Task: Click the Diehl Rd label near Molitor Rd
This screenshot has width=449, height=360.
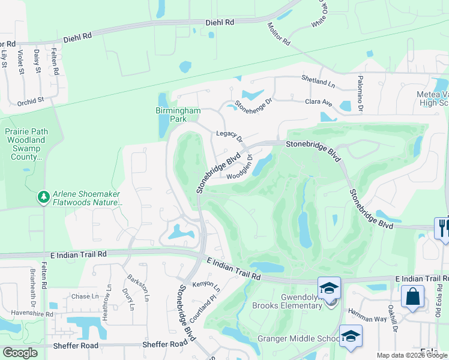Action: pos(219,21)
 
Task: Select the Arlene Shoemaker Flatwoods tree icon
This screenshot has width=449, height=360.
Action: pos(43,197)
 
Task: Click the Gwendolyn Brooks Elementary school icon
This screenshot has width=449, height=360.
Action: pos(329,288)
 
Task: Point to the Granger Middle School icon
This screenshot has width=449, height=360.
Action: pos(351,336)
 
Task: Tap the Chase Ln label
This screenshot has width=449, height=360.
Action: pos(85,296)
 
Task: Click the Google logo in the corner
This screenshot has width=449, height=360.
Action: pos(20,352)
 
